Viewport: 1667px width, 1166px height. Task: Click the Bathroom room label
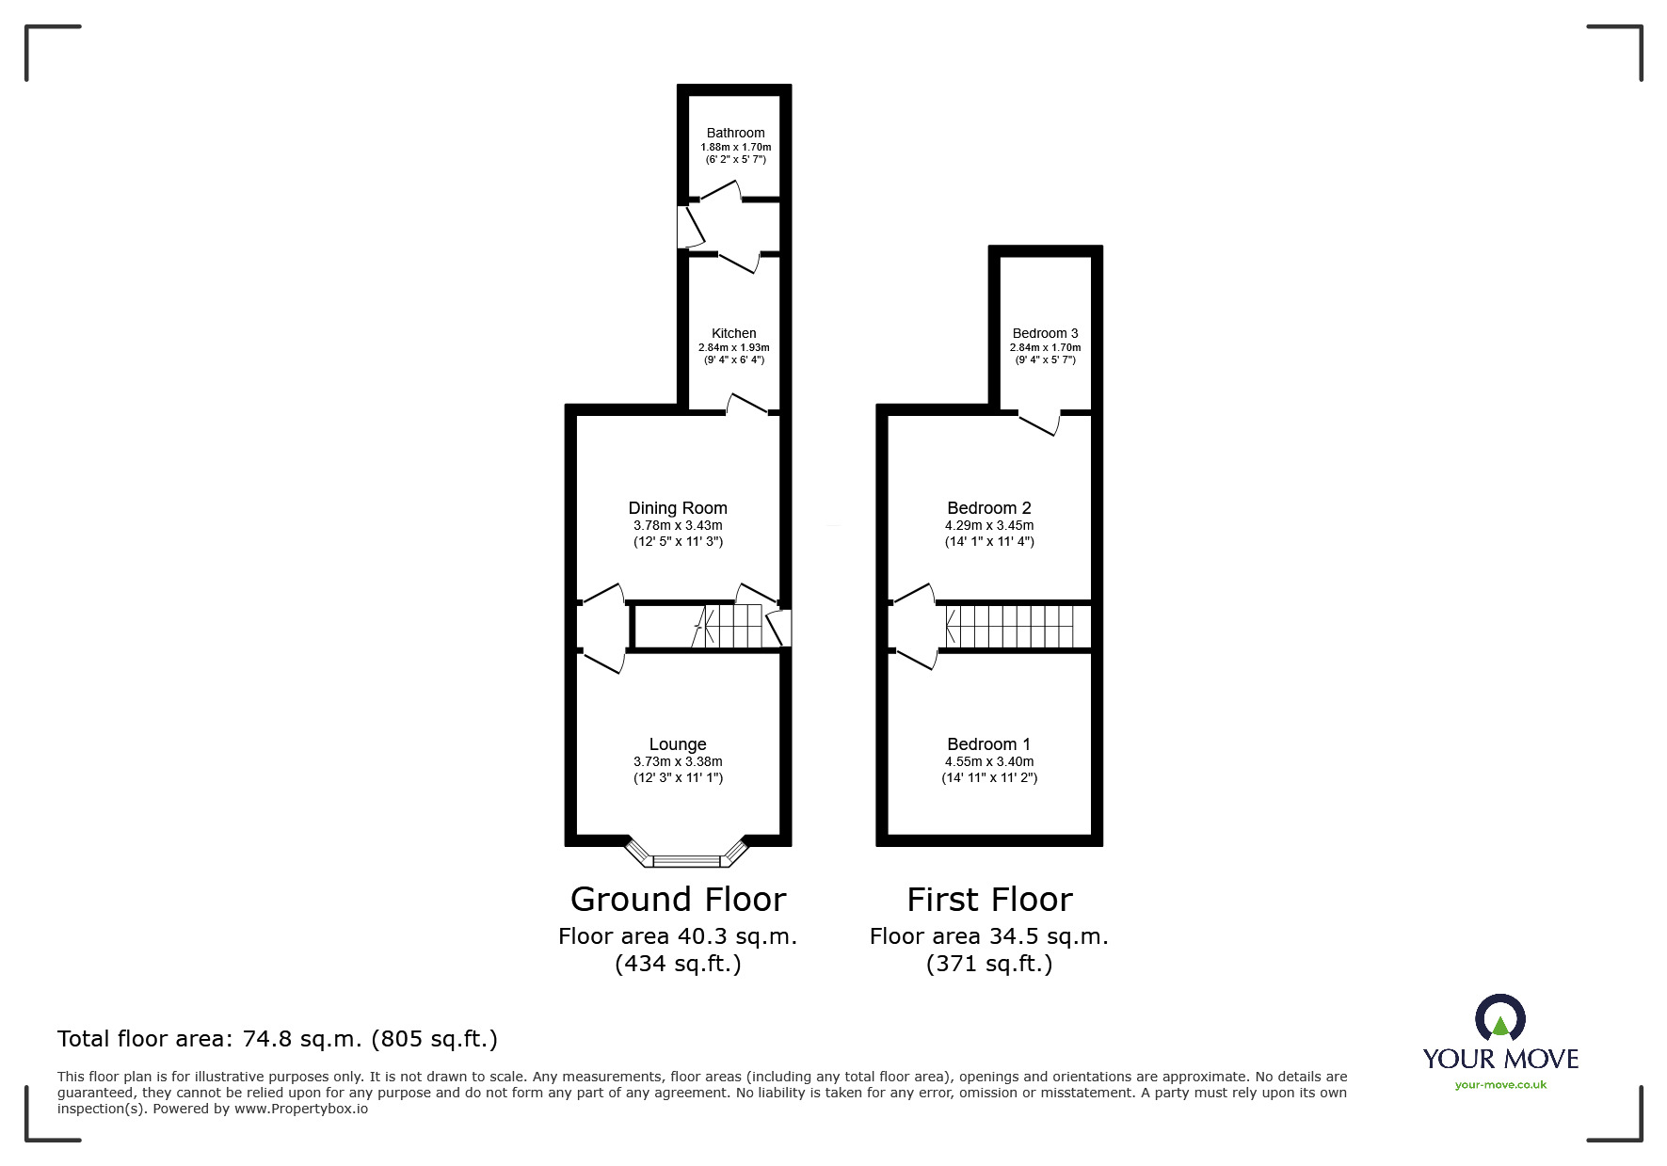(735, 133)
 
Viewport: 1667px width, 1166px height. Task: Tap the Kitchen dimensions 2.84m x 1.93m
(733, 347)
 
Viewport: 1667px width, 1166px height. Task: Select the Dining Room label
(678, 508)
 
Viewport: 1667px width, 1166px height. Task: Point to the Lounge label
(678, 744)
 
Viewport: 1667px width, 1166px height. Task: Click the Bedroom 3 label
(1045, 333)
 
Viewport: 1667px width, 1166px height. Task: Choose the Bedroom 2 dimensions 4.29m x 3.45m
(989, 525)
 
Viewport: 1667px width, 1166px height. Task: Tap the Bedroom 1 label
(989, 744)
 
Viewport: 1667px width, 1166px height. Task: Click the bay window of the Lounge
(688, 858)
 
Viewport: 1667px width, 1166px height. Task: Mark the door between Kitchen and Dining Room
(747, 406)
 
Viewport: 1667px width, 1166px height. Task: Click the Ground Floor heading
(678, 900)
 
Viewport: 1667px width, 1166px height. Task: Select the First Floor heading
(989, 900)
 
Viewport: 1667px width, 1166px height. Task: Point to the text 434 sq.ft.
(678, 964)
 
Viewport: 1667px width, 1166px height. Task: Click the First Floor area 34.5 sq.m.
(989, 936)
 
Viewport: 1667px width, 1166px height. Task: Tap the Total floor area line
(278, 1039)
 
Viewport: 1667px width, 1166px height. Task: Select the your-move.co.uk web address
(1500, 1085)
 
